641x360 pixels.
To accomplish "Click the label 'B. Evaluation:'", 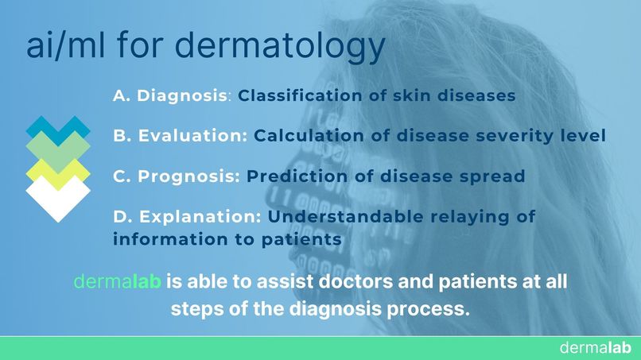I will pyautogui.click(x=181, y=136).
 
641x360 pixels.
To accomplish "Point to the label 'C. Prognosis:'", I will pyautogui.click(x=177, y=176).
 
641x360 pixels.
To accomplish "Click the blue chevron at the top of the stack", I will pyautogui.click(x=58, y=126).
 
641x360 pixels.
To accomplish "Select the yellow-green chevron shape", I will pyautogui.click(x=58, y=169).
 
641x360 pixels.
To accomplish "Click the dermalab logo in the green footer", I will pyautogui.click(x=595, y=348).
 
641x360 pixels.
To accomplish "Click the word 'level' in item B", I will pyautogui.click(x=584, y=136).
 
